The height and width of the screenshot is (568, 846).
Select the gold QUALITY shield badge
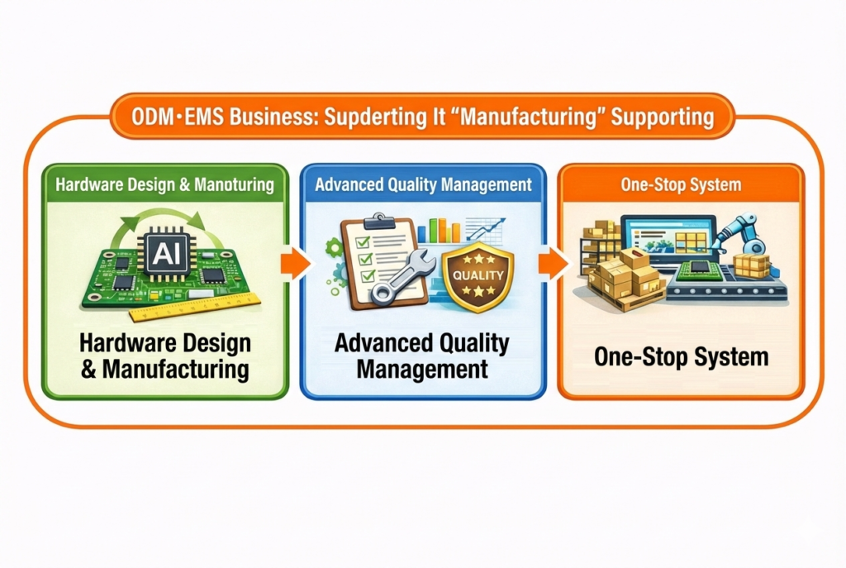[478, 276]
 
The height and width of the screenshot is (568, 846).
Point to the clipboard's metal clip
[380, 221]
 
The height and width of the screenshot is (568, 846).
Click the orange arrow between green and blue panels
[296, 263]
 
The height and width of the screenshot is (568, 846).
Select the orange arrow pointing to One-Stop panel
[554, 263]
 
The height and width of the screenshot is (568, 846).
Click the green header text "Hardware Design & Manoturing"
[164, 184]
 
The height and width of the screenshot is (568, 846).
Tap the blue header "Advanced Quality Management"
[424, 184]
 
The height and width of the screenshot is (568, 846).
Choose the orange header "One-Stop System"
[681, 184]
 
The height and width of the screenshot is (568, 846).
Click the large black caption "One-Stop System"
[681, 357]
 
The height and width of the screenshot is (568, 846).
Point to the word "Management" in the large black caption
[422, 370]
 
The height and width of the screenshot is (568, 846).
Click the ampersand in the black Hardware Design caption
[88, 370]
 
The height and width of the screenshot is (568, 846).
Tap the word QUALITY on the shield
[478, 275]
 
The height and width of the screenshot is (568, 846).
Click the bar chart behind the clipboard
[439, 231]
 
